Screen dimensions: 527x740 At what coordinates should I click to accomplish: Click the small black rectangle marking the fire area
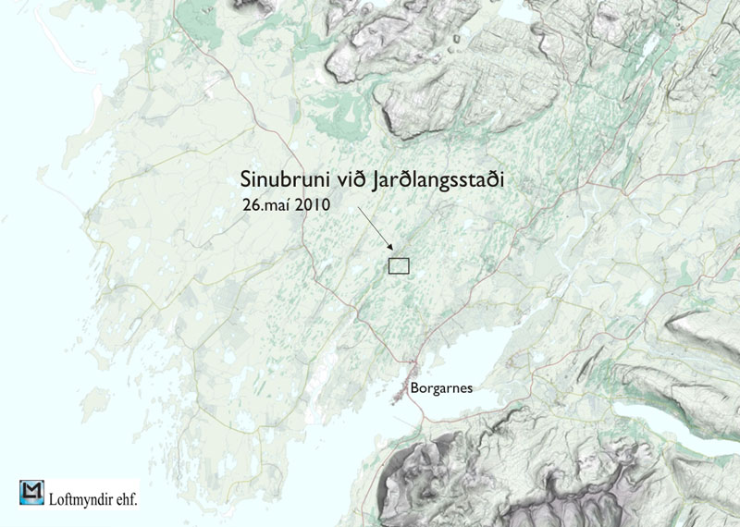(x=399, y=266)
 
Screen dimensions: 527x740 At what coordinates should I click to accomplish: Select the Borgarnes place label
(x=442, y=389)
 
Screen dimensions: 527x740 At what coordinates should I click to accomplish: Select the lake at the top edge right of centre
(x=514, y=8)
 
